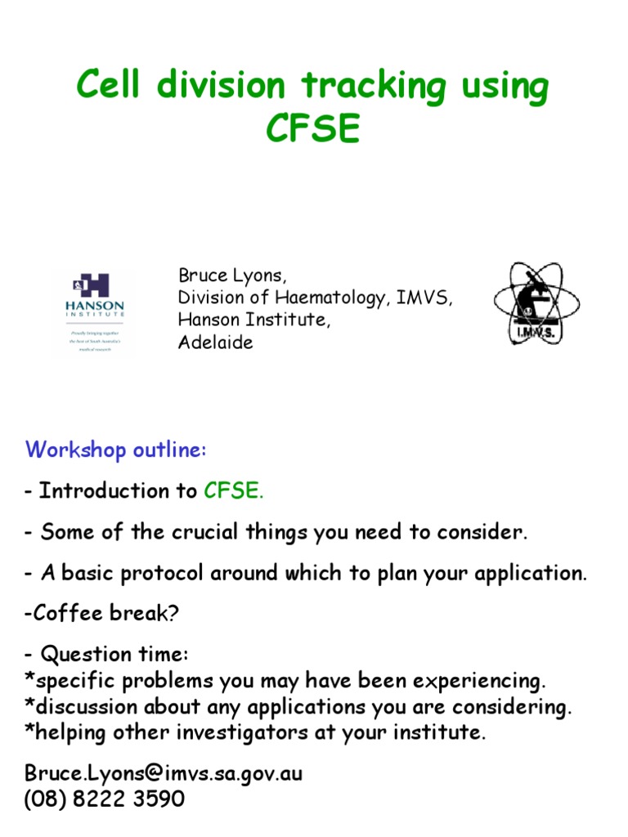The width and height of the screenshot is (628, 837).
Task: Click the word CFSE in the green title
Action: pyautogui.click(x=313, y=129)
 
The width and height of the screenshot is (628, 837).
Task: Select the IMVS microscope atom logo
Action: pyautogui.click(x=536, y=303)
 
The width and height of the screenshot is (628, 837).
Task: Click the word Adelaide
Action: pyautogui.click(x=216, y=342)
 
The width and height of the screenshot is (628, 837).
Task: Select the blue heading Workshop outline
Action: pyautogui.click(x=116, y=450)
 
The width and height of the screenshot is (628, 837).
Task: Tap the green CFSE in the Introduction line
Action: pyautogui.click(x=232, y=491)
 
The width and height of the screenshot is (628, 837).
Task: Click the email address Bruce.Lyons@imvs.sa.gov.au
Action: pyautogui.click(x=164, y=773)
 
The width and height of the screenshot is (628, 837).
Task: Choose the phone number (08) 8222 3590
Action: pyautogui.click(x=105, y=799)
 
